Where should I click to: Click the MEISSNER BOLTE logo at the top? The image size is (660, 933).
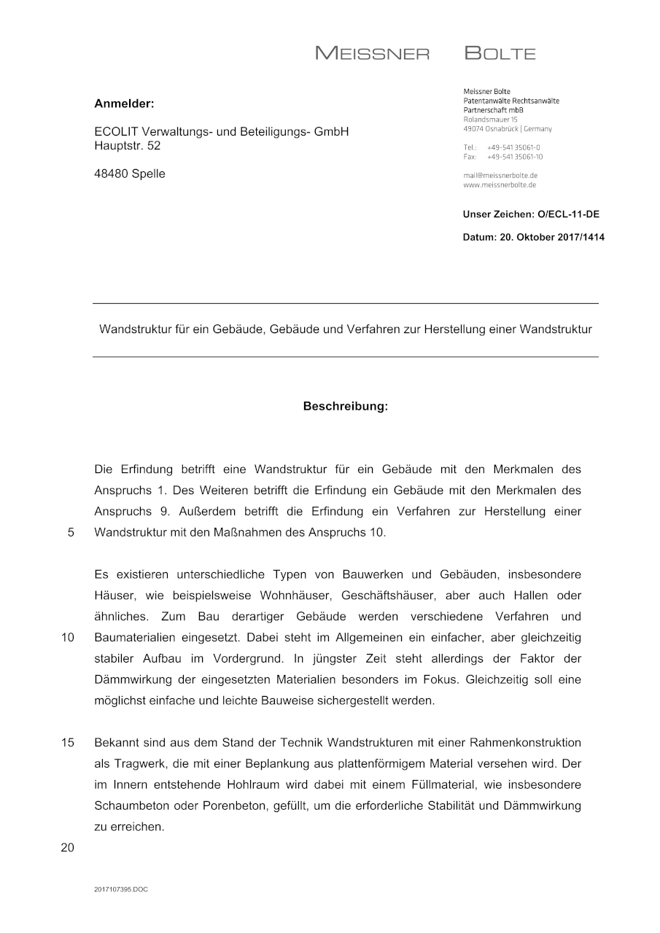(425, 53)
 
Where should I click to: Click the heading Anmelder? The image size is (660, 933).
(124, 104)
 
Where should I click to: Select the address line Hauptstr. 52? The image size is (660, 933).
(128, 145)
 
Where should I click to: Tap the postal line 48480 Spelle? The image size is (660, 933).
(130, 173)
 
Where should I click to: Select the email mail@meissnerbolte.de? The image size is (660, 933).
(500, 176)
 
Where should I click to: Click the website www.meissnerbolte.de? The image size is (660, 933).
(500, 185)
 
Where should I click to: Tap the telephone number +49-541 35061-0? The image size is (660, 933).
(513, 147)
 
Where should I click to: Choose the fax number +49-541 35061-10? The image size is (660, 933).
(515, 157)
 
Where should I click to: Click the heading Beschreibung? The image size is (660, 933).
(346, 407)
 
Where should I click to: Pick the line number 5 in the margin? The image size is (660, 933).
(71, 532)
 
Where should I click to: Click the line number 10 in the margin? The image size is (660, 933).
(68, 638)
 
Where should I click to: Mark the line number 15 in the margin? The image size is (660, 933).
(68, 743)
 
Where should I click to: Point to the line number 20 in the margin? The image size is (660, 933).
(68, 848)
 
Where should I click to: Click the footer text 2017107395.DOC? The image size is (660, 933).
(121, 889)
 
